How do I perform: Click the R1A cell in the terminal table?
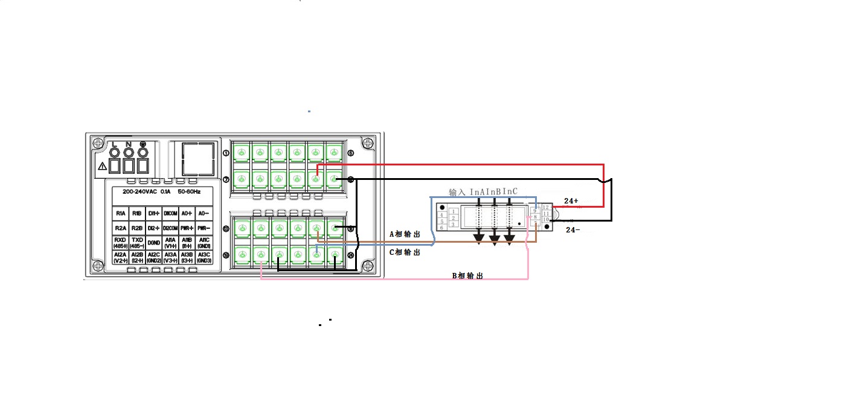(120, 214)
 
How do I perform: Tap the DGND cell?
(154, 243)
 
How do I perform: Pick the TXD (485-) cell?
(137, 243)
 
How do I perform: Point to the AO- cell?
(204, 214)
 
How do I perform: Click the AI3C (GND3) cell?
(204, 258)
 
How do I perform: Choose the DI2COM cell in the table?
(171, 229)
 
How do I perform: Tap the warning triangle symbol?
(103, 165)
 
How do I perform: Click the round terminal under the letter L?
(114, 152)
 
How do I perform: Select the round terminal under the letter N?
(128, 152)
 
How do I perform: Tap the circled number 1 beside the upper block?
(226, 153)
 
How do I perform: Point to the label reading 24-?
(573, 230)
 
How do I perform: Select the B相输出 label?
(467, 276)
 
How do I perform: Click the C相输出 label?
(405, 253)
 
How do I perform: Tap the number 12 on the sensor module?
(546, 207)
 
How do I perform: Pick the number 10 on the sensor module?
(546, 219)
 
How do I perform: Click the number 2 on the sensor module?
(453, 218)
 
